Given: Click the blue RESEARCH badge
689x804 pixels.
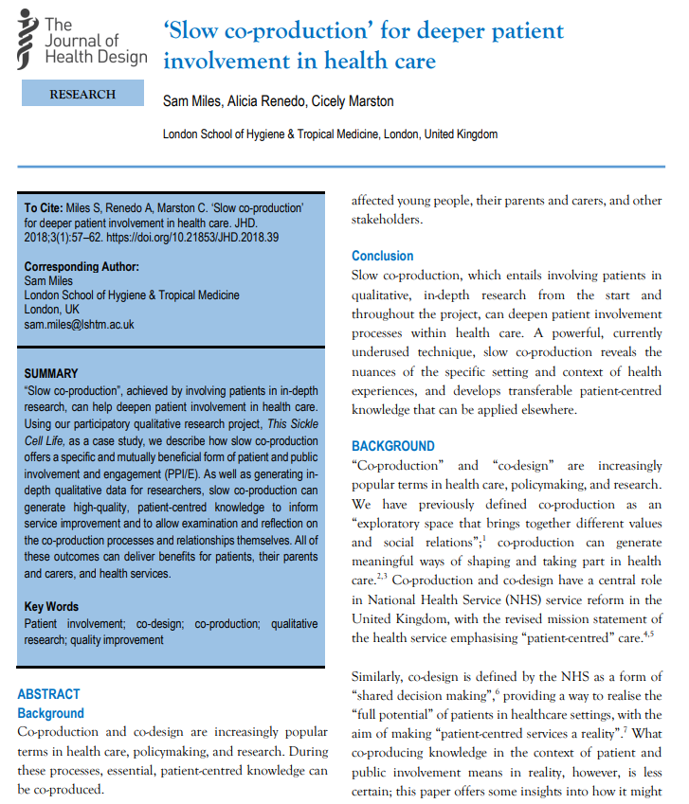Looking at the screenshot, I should [x=82, y=94].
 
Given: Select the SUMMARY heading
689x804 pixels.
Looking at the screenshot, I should [x=51, y=373].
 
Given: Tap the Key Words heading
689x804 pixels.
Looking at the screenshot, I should [x=51, y=606].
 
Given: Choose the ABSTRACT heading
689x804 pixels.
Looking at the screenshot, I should [x=48, y=694].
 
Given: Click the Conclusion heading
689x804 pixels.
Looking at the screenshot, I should [x=382, y=256].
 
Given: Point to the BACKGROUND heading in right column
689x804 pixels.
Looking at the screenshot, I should [x=393, y=446].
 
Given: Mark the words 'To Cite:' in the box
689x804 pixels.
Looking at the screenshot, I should [x=44, y=207].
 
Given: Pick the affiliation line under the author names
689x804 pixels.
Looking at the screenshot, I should [x=330, y=134].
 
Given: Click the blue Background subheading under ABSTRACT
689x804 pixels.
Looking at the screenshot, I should [x=50, y=713].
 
